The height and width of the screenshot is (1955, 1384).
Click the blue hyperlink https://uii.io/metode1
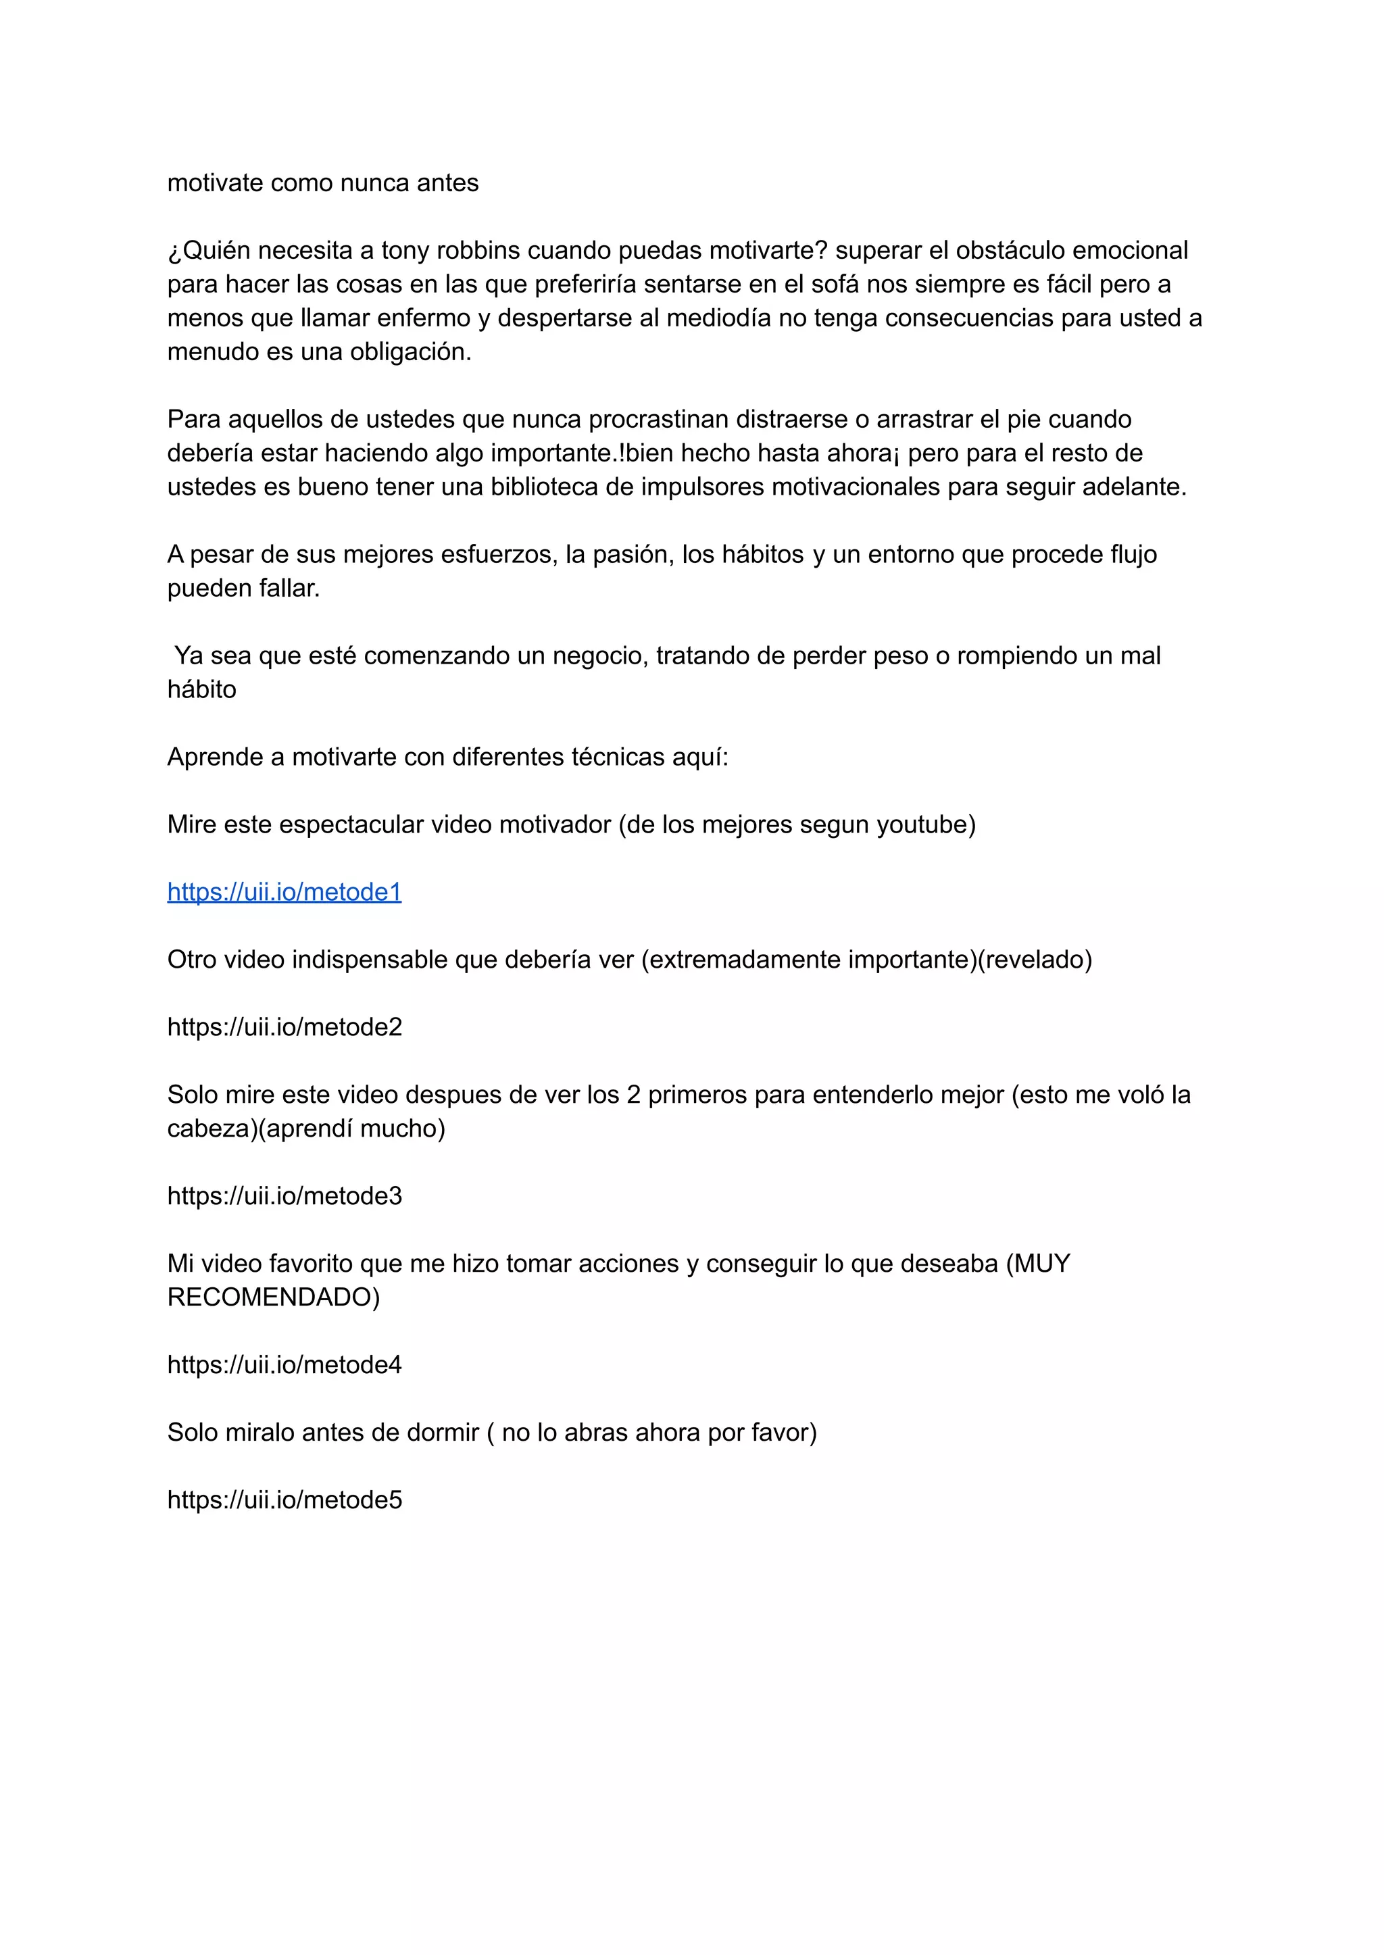[284, 892]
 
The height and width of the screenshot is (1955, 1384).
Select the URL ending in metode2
[284, 1027]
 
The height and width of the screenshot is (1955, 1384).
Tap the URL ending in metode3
[284, 1195]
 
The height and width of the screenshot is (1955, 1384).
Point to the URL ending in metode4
[284, 1364]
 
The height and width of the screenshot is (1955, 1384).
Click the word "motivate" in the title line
[215, 183]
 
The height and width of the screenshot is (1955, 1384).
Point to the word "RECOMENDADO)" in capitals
[274, 1297]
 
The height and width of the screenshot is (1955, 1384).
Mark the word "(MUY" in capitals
[1037, 1264]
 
